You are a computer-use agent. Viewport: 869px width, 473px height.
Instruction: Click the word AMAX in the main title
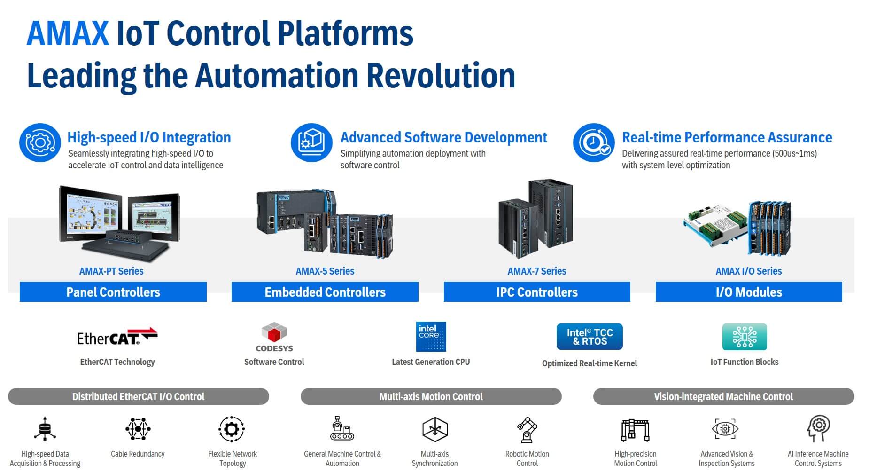[x=68, y=33]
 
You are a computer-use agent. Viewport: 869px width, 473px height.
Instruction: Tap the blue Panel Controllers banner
[x=113, y=292]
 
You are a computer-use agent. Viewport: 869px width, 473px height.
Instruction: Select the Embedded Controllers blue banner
[x=325, y=292]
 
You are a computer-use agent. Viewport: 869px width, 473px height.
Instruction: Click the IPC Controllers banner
[x=536, y=292]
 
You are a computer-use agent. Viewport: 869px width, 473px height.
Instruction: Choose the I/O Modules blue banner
[x=748, y=292]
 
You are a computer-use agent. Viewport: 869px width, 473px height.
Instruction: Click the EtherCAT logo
[x=117, y=337]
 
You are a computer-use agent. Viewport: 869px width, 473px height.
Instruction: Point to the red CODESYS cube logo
[x=274, y=333]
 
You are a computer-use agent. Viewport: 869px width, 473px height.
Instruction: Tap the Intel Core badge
[x=431, y=337]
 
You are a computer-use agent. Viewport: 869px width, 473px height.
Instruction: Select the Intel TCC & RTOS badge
[x=589, y=337]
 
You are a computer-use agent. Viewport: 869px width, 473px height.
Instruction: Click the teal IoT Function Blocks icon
[x=744, y=337]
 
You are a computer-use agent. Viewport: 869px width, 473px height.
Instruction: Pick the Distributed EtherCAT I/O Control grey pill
[x=138, y=396]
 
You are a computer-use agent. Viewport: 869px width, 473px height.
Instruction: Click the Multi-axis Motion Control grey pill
[x=431, y=396]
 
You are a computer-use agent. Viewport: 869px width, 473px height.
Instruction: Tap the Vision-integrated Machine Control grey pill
[x=723, y=396]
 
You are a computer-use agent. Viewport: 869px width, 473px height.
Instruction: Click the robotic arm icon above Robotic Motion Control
[x=527, y=430]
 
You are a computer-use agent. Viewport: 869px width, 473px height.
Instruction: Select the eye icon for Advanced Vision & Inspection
[x=725, y=429]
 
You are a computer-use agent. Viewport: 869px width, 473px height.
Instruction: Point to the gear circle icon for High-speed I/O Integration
[x=40, y=142]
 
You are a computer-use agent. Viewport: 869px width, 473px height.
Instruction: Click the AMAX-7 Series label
[x=536, y=271]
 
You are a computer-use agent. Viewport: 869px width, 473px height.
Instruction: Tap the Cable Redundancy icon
[x=138, y=429]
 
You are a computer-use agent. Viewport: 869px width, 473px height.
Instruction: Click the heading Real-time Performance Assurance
[x=727, y=137]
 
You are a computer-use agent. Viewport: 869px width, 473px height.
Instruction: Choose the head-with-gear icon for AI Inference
[x=818, y=428]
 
